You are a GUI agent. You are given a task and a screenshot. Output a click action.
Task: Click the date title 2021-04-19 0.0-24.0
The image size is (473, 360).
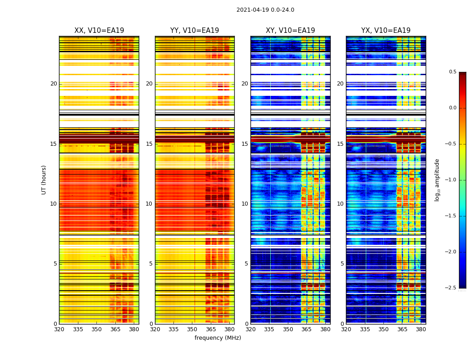coord(265,10)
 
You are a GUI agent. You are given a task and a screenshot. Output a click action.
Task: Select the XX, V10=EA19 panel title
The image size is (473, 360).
coord(99,31)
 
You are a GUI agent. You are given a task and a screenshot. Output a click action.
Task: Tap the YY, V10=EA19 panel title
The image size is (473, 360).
coord(195,31)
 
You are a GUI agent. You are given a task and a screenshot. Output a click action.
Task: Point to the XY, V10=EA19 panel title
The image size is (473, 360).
coord(290,31)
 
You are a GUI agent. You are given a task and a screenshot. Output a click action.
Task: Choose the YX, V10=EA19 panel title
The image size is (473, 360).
coord(386,31)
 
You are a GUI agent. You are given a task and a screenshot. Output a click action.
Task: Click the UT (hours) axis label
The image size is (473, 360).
coord(44,180)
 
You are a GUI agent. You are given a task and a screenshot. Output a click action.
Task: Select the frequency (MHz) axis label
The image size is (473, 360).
coord(218,338)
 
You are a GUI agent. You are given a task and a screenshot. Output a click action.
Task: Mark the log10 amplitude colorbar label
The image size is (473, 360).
coord(437,180)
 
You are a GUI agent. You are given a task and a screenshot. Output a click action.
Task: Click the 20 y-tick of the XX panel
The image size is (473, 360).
coord(54,84)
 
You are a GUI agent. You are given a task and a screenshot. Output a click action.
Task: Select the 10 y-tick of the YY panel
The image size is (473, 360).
coord(149,204)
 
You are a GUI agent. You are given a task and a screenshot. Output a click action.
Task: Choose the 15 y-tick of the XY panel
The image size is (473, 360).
coord(245,144)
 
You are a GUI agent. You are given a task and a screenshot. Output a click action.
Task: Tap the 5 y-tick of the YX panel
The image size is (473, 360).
coord(342,264)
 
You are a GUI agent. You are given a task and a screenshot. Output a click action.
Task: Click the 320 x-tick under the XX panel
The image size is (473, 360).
coord(59,329)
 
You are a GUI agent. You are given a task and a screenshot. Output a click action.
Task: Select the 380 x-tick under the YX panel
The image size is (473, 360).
coord(421,329)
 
